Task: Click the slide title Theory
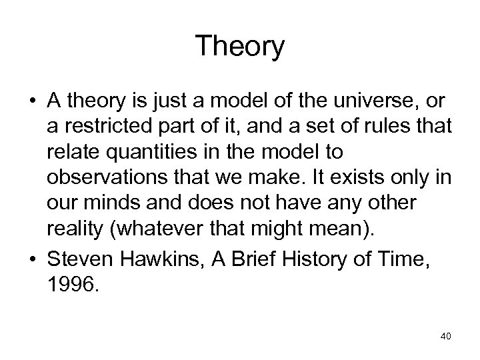(240, 47)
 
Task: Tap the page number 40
(445, 337)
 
